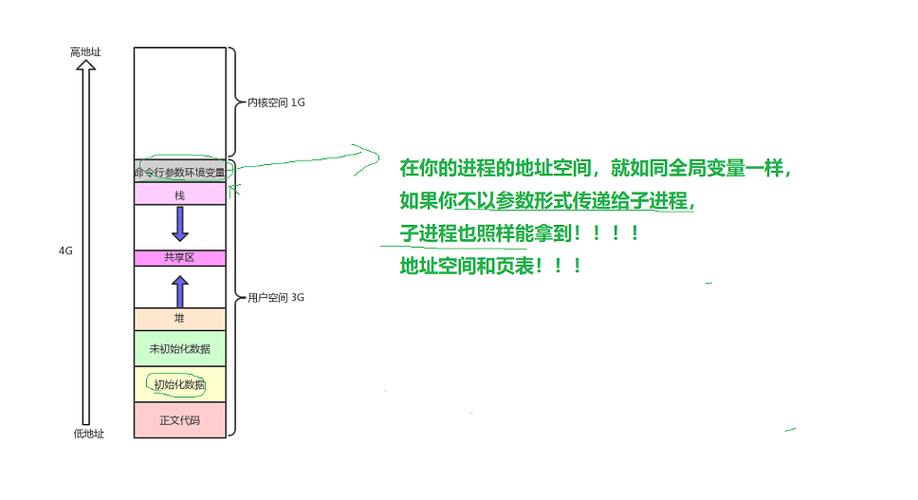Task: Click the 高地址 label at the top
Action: coord(85,52)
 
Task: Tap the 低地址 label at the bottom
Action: coord(88,434)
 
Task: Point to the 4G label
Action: coord(65,251)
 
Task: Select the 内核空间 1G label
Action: coord(276,102)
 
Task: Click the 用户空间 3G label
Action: coord(275,297)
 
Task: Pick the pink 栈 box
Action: coord(180,194)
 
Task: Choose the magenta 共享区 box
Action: coord(180,257)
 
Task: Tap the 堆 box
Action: coord(180,319)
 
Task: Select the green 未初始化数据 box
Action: coord(180,348)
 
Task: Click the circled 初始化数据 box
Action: coord(180,384)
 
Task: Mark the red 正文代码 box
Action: coord(180,419)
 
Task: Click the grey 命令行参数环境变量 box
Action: coord(180,172)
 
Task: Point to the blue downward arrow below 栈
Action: coord(180,224)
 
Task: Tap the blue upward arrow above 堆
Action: coord(180,290)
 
